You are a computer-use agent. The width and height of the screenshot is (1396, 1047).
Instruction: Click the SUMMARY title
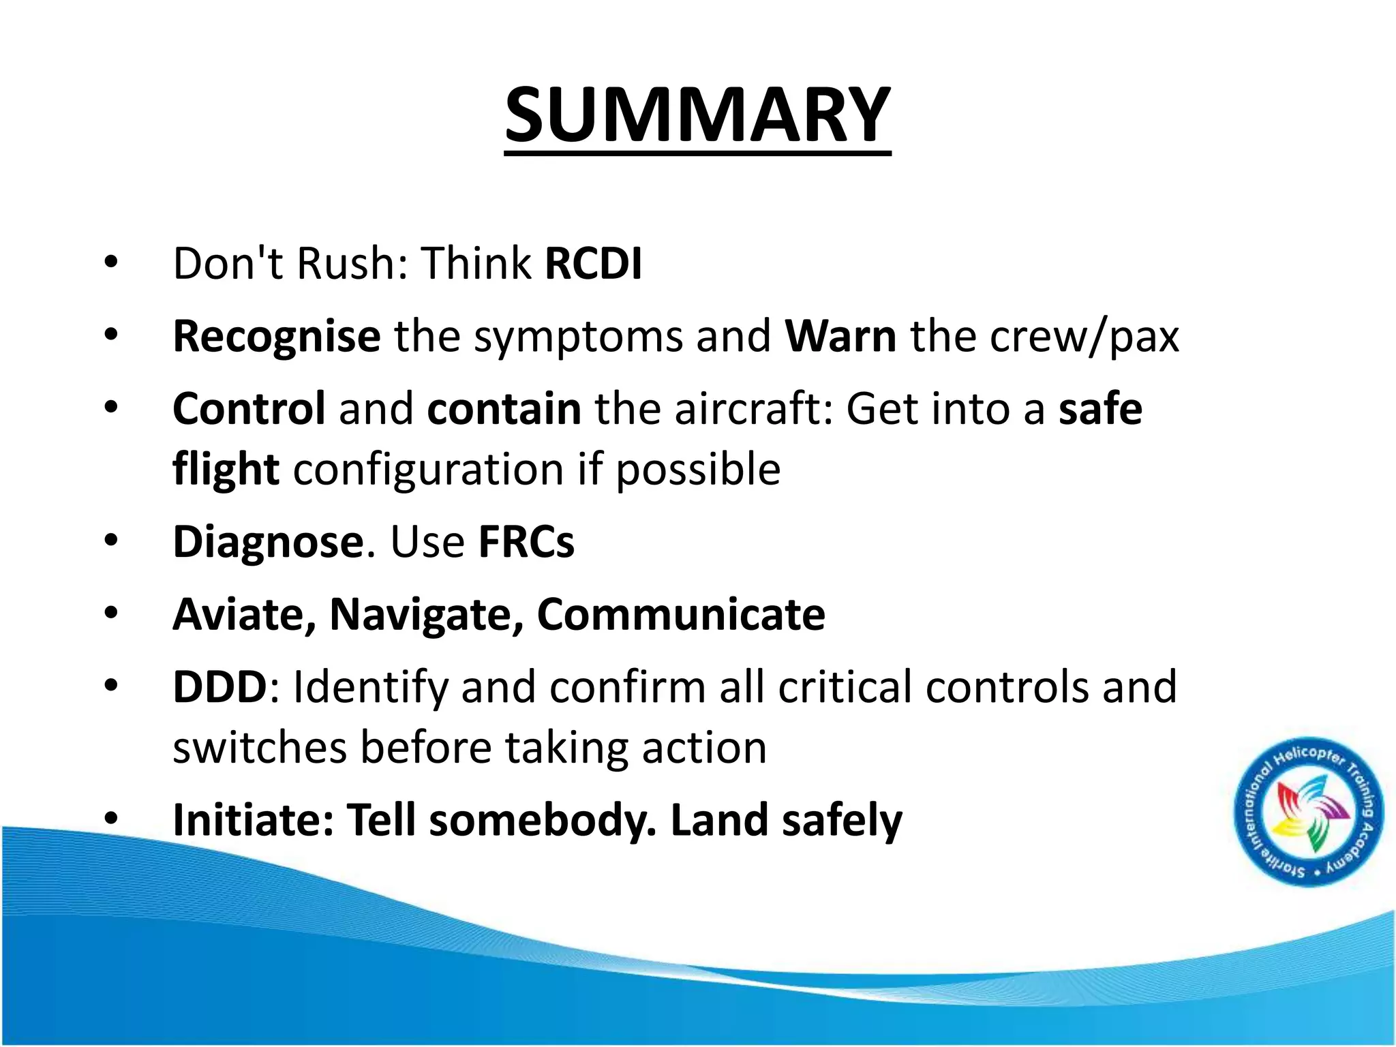[697, 115]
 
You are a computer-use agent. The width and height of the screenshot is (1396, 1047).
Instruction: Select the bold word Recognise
[276, 336]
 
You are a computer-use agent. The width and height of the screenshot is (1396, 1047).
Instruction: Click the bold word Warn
[840, 336]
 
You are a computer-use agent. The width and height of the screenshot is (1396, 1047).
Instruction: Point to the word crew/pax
[1084, 337]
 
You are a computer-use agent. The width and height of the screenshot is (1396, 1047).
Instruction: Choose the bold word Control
[249, 409]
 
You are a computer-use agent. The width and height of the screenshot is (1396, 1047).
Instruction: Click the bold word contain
[504, 409]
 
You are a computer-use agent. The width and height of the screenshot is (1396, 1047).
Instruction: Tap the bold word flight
[226, 470]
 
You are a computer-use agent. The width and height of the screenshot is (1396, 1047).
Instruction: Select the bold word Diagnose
[268, 543]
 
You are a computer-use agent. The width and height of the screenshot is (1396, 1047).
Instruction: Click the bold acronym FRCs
[526, 543]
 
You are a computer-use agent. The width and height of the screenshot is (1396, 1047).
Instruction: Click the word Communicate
[681, 615]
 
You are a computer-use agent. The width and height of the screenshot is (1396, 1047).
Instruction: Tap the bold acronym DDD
[219, 687]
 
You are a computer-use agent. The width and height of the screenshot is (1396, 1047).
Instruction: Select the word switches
[258, 748]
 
